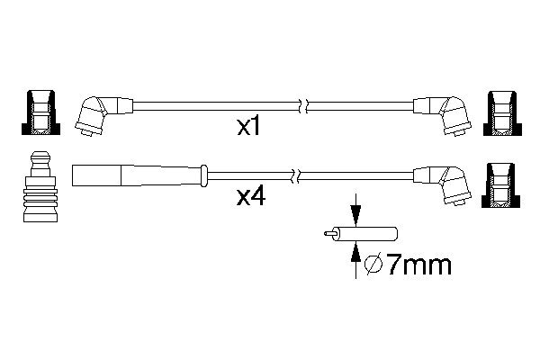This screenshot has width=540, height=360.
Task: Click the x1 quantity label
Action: point(248,129)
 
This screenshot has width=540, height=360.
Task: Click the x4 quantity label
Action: point(248,196)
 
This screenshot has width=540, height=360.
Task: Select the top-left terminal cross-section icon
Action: point(39,114)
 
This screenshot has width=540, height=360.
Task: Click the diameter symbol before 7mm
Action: point(375,265)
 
